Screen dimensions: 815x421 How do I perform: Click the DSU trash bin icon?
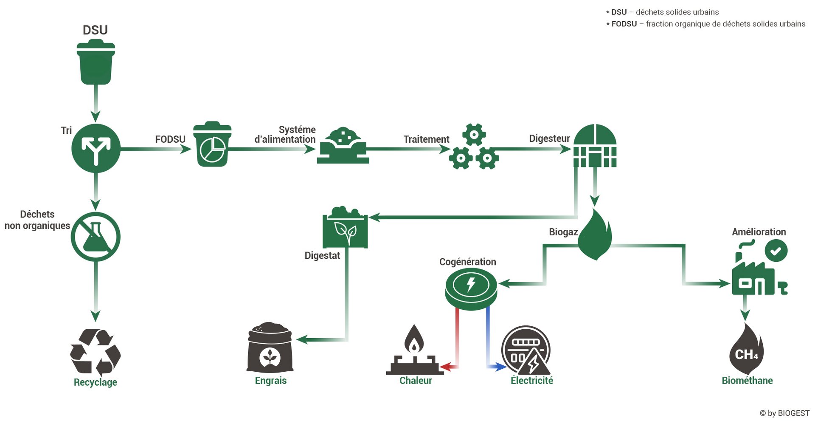[x=96, y=62]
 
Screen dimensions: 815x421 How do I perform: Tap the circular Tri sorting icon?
[x=96, y=148]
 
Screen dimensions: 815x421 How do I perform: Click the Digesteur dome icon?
[x=595, y=146]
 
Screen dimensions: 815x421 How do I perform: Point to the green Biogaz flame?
[x=595, y=235]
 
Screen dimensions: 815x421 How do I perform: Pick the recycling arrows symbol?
[x=96, y=352]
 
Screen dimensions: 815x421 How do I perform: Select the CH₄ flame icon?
[x=747, y=349]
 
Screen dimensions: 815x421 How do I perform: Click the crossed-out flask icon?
[x=96, y=237]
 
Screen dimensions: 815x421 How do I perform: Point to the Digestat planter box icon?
[x=345, y=227]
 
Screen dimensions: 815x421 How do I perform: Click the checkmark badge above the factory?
[x=776, y=251]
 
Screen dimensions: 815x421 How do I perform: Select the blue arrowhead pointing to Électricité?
[x=502, y=366]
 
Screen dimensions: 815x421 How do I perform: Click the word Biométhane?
[x=747, y=381]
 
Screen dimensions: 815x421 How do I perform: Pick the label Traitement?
[x=426, y=139]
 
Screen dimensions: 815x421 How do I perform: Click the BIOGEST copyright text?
[x=784, y=413]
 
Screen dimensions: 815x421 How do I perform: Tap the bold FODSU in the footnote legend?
[x=624, y=24]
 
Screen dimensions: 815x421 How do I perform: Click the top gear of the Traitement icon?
[x=474, y=135]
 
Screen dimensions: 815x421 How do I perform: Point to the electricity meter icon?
[x=526, y=350]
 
